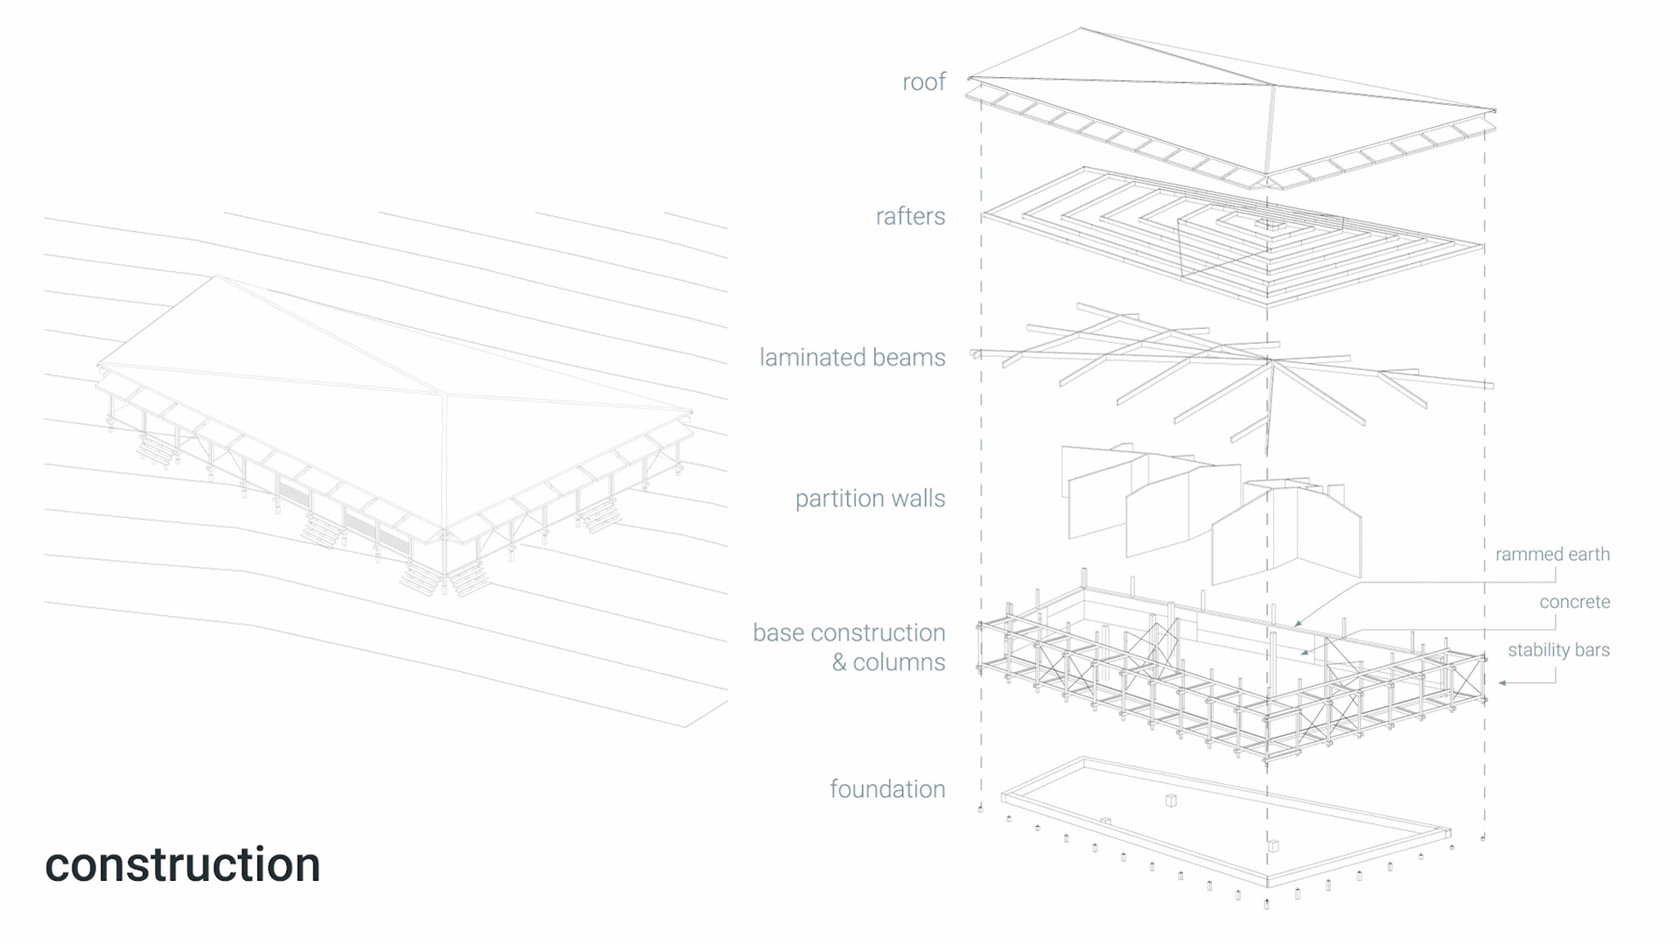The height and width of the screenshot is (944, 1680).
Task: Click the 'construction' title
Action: coord(182,864)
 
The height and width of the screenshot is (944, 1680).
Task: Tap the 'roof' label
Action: coord(924,82)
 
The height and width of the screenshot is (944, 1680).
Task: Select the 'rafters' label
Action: coord(910,216)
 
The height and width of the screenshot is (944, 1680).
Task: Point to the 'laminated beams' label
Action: coord(851,357)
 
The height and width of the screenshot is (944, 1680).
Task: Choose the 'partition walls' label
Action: coord(870,499)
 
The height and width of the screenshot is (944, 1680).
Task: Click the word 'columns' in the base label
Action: coord(899,662)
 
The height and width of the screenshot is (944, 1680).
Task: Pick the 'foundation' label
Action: coord(887,789)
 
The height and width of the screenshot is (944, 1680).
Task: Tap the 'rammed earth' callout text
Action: coord(1552,555)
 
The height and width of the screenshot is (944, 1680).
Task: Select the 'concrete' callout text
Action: coord(1574,602)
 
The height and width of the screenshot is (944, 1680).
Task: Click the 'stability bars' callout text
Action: coord(1558,650)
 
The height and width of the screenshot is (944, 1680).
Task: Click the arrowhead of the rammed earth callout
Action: coord(1297,624)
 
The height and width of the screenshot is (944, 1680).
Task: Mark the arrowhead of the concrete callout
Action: coord(1303,653)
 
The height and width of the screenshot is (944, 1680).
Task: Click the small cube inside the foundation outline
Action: coord(1171,800)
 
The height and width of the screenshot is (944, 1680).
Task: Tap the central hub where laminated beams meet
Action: coord(1268,360)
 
